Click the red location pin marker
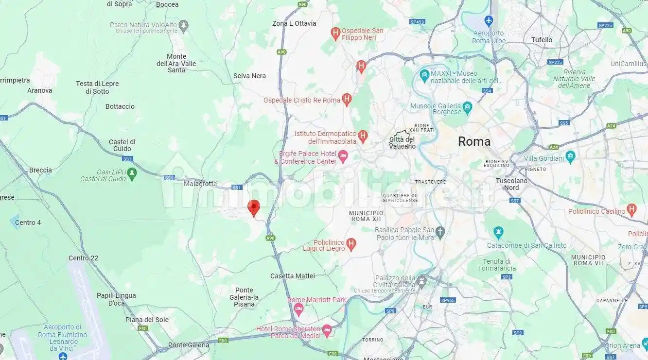pyautogui.click(x=253, y=207)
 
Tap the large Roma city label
pyautogui.click(x=474, y=141)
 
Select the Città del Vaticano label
pyautogui.click(x=403, y=142)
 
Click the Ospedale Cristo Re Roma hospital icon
pyautogui.click(x=347, y=100)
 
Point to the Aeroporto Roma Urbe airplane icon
pyautogui.click(x=489, y=21)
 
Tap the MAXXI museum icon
pyautogui.click(x=423, y=75)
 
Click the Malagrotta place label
pyautogui.click(x=200, y=184)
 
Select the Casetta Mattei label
pyautogui.click(x=293, y=276)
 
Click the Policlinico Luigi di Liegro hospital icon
pyautogui.click(x=352, y=243)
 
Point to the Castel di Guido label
pyautogui.click(x=122, y=145)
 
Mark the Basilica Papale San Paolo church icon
pyautogui.click(x=440, y=231)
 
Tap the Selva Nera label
pyautogui.click(x=249, y=76)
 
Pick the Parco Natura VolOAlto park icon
pyautogui.click(x=183, y=24)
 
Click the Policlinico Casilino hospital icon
pyautogui.click(x=631, y=210)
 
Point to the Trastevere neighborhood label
pyautogui.click(x=430, y=182)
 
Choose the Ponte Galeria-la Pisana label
pyautogui.click(x=244, y=297)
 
